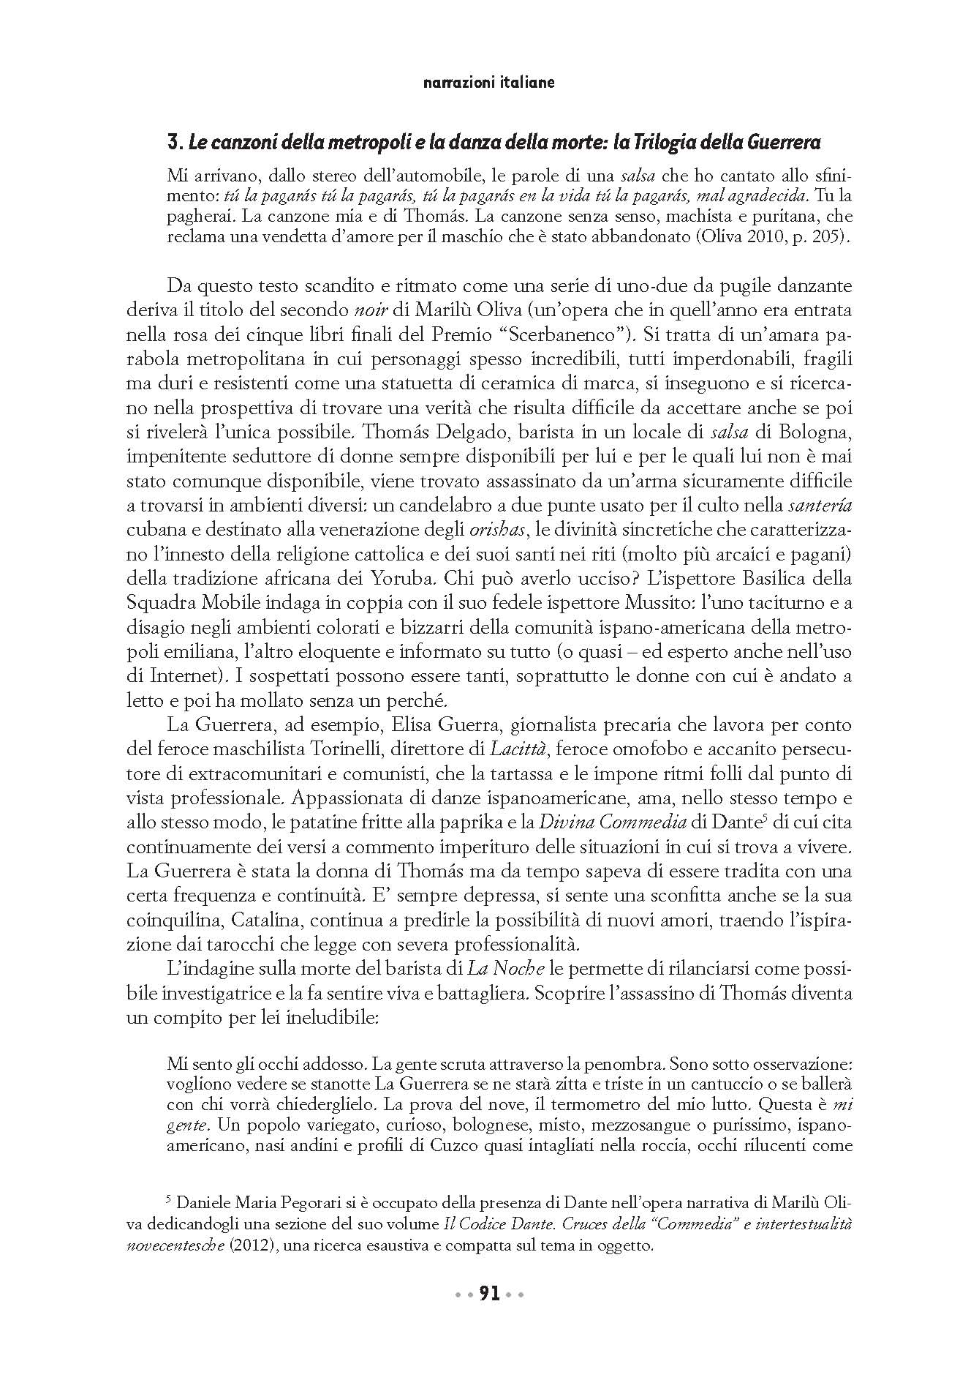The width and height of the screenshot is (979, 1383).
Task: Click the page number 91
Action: pyautogui.click(x=489, y=1294)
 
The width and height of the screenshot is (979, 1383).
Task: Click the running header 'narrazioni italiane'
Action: pyautogui.click(x=488, y=83)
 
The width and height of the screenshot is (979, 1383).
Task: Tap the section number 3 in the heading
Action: pyautogui.click(x=173, y=144)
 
